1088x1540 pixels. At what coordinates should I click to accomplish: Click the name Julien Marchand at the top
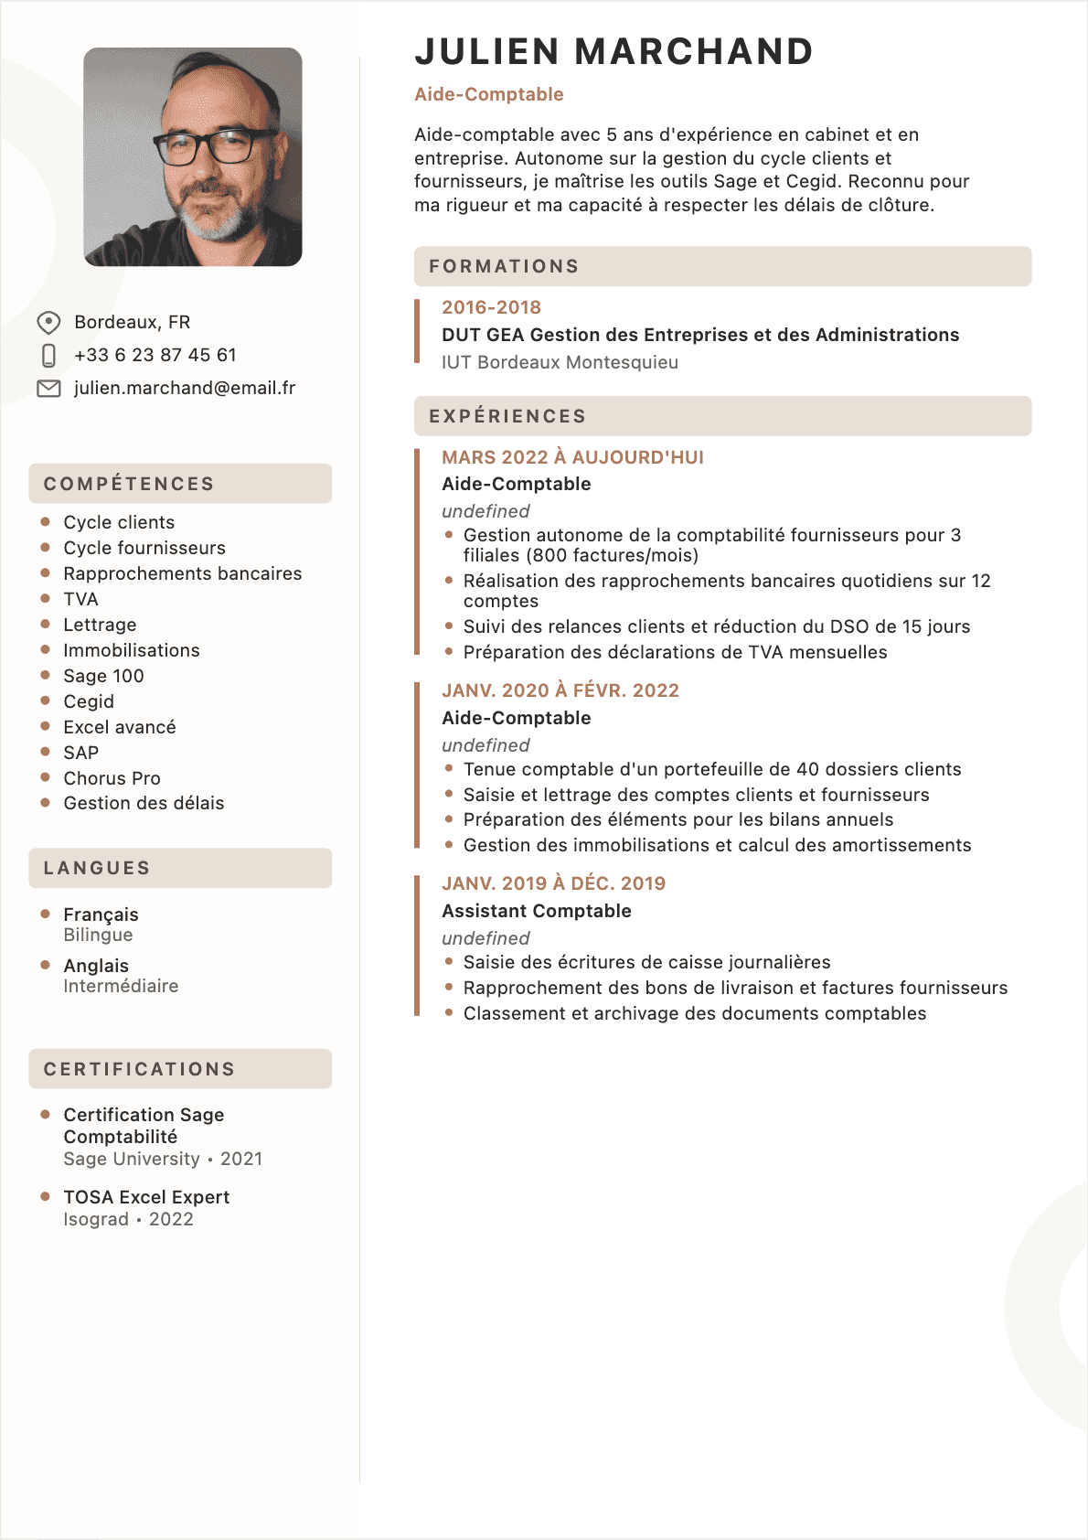(613, 52)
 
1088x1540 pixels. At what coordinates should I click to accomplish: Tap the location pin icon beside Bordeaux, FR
(48, 323)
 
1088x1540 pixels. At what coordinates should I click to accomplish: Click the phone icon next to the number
(48, 356)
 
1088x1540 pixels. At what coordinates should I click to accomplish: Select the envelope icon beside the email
(48, 389)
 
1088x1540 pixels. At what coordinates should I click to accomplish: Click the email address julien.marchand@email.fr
(185, 389)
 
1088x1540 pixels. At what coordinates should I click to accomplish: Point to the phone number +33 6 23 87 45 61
(155, 355)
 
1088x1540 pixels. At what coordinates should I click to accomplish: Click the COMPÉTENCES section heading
(129, 484)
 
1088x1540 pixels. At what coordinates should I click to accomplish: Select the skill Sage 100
(103, 676)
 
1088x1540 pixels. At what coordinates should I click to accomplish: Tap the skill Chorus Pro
(112, 778)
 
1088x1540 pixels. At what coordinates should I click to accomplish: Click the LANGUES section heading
(97, 868)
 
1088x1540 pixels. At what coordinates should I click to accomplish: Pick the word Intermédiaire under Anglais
(121, 986)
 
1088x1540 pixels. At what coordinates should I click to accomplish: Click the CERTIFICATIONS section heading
(140, 1069)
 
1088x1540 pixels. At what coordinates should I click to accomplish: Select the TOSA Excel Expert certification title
(146, 1197)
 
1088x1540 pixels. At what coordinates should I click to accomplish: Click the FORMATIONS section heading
(504, 266)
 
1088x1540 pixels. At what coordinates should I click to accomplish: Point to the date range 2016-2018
(491, 307)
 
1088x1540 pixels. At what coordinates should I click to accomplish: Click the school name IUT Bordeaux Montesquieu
(560, 362)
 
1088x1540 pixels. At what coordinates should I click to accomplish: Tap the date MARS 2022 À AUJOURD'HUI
(572, 457)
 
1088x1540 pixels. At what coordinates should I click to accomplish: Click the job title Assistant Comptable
(537, 911)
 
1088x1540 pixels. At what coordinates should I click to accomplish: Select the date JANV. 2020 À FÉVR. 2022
(560, 690)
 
